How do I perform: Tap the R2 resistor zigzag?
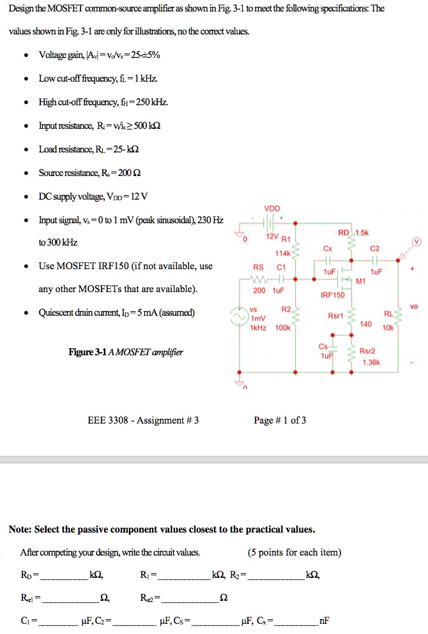click(x=295, y=318)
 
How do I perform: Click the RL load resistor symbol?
click(x=401, y=316)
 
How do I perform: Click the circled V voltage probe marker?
click(x=418, y=242)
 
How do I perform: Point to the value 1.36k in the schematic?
click(x=370, y=362)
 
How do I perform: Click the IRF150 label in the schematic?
click(x=332, y=295)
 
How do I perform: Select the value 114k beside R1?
click(x=281, y=253)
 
